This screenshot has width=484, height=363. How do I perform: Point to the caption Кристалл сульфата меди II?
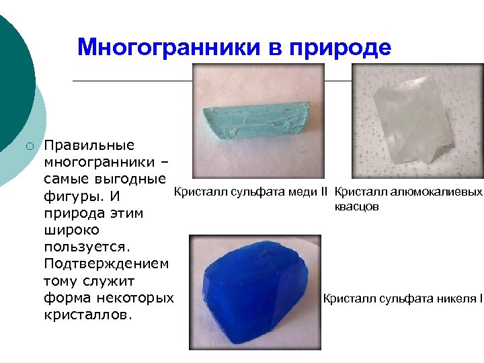click(x=250, y=192)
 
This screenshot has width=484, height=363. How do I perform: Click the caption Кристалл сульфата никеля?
click(x=401, y=298)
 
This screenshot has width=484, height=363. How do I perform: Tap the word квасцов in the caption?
click(x=356, y=206)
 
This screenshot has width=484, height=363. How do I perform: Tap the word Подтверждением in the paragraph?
click(x=106, y=263)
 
